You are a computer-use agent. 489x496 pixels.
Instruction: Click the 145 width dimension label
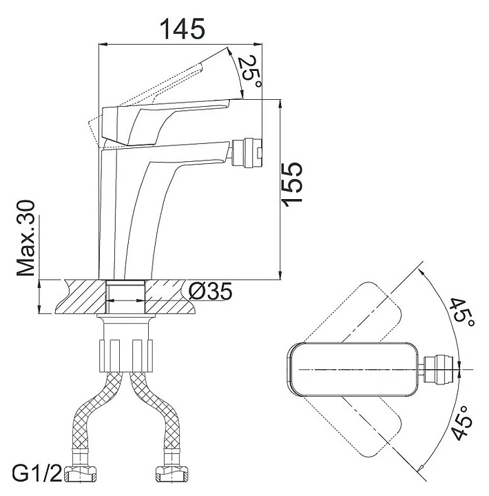tap(183, 29)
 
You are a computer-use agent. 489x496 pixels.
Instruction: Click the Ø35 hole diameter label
tap(209, 292)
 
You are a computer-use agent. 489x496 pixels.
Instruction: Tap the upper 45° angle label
tap(459, 313)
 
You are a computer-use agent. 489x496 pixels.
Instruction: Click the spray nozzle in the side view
tap(247, 153)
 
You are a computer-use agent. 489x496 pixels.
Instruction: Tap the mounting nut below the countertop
tap(127, 344)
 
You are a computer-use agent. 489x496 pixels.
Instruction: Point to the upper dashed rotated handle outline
tap(372, 310)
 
